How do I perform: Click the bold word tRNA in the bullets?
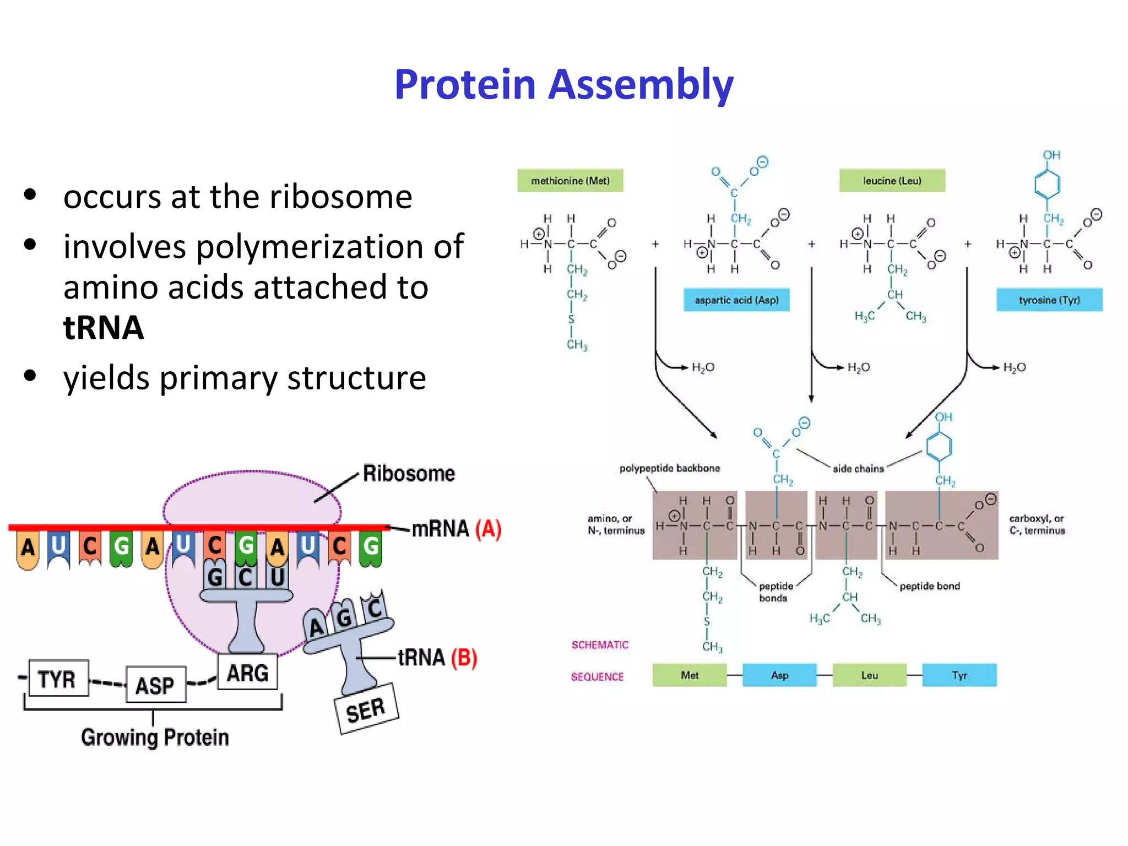[x=104, y=328]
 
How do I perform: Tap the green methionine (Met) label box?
[x=570, y=181]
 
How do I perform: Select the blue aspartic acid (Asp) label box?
[x=736, y=300]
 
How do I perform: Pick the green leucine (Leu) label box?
[x=892, y=181]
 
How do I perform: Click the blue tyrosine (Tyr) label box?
[x=1049, y=300]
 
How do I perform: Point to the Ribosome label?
[x=409, y=474]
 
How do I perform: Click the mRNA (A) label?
[x=456, y=529]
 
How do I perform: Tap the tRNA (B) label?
[x=437, y=658]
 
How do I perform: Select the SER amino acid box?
[x=366, y=709]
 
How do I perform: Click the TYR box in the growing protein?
[x=58, y=679]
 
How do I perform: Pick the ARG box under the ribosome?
[x=247, y=673]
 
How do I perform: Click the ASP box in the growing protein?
[x=155, y=685]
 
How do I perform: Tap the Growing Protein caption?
[x=155, y=737]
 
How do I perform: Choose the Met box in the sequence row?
[x=689, y=675]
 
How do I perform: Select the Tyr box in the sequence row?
[x=959, y=675]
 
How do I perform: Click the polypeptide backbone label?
[x=669, y=468]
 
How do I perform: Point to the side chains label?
[x=858, y=469]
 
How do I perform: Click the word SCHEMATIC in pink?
[x=599, y=645]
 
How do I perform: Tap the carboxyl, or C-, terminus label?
[x=1037, y=524]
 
